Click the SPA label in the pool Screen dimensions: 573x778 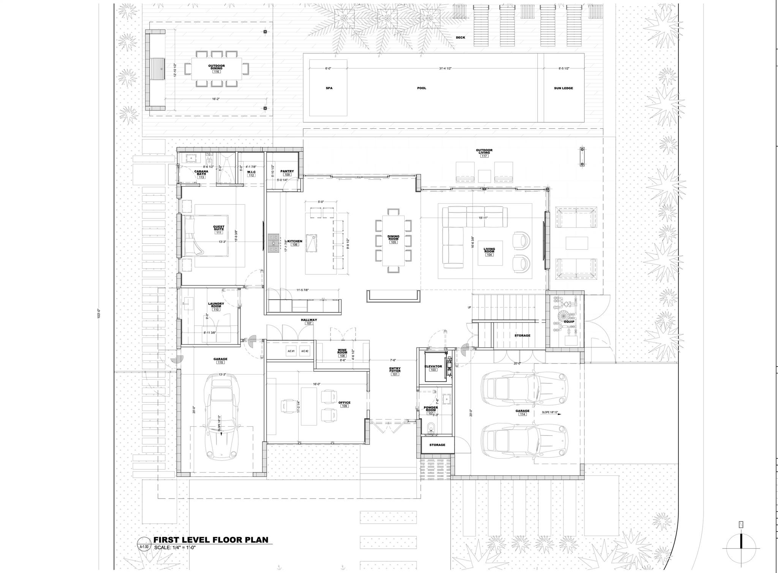click(x=329, y=88)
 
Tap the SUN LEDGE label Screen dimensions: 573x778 click(x=563, y=88)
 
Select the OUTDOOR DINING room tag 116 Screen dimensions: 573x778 click(x=217, y=71)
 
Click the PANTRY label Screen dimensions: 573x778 click(x=287, y=171)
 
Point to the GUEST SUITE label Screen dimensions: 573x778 click(x=219, y=228)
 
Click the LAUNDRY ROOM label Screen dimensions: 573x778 click(x=216, y=305)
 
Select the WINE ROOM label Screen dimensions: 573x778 click(x=342, y=351)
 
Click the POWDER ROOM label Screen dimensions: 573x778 click(x=431, y=408)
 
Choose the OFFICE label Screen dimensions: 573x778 click(x=344, y=403)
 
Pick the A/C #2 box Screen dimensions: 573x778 click(x=305, y=351)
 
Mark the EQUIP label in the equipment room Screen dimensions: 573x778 click(x=569, y=322)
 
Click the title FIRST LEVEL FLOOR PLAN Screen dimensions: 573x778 click(x=211, y=540)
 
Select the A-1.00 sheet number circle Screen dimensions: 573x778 click(x=144, y=547)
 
